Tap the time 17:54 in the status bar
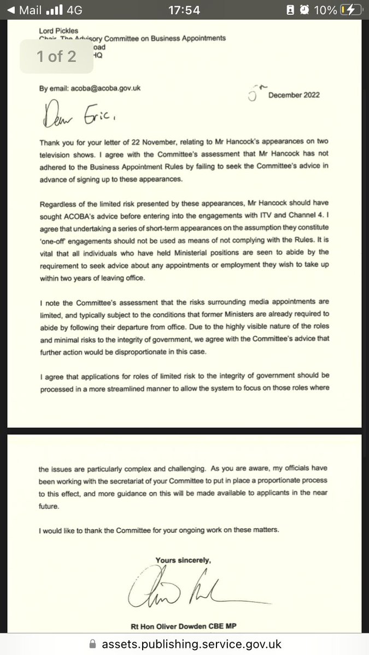coord(184,10)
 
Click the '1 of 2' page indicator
coord(56,57)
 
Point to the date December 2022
coord(293,94)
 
